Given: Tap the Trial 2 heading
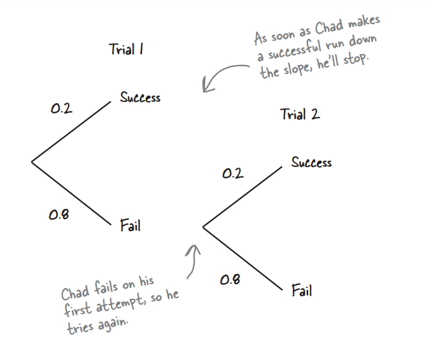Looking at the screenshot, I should [x=300, y=115].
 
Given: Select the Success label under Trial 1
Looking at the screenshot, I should [x=140, y=97].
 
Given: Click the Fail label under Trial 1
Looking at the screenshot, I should [x=130, y=225].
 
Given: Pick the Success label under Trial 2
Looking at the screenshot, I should [x=311, y=162].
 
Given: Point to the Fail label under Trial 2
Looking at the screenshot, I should [x=302, y=291].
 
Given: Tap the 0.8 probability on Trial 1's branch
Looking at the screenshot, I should [x=59, y=215].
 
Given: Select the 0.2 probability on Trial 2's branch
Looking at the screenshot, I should [x=232, y=173].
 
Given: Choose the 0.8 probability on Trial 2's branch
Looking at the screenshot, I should [x=230, y=279].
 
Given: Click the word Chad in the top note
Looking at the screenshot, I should [x=329, y=28].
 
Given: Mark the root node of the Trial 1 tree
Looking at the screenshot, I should [x=32, y=162].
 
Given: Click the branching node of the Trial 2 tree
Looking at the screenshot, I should [x=203, y=227].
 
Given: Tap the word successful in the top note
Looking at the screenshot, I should [x=296, y=50].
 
